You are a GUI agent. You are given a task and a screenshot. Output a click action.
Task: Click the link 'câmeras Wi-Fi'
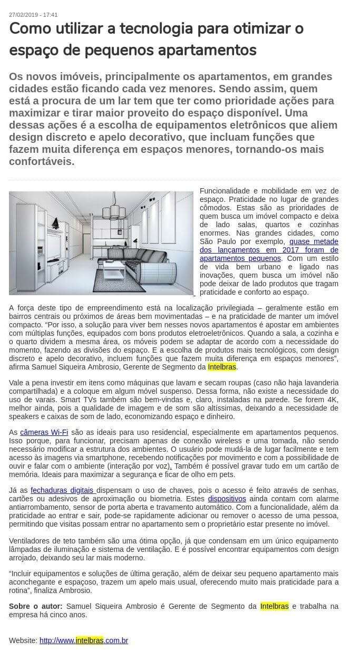(x=44, y=432)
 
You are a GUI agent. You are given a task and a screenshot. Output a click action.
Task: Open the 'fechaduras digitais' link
(x=63, y=490)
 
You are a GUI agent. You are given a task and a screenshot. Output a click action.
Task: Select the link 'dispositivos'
(x=227, y=498)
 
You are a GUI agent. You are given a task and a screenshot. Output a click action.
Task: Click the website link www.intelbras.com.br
(x=84, y=640)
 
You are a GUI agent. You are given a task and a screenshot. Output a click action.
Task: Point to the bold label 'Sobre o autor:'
(x=35, y=606)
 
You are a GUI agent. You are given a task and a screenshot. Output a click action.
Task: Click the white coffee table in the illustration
(x=114, y=270)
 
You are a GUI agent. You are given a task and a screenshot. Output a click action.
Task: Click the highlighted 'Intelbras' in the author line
(x=275, y=606)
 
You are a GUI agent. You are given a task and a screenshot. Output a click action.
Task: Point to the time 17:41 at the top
(x=50, y=15)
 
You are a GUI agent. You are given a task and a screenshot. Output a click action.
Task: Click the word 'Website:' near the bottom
(x=23, y=640)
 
